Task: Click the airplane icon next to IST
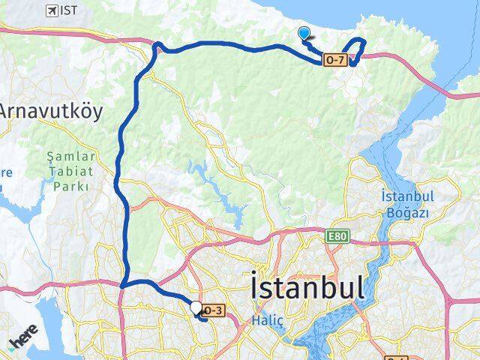point(52,10)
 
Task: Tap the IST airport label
point(69,10)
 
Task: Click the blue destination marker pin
point(304,33)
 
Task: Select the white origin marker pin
point(196,307)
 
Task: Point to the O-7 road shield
point(335,60)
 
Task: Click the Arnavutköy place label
point(49,110)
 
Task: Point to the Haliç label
point(268,320)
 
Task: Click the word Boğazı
point(409,212)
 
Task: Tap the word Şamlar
point(71,157)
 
